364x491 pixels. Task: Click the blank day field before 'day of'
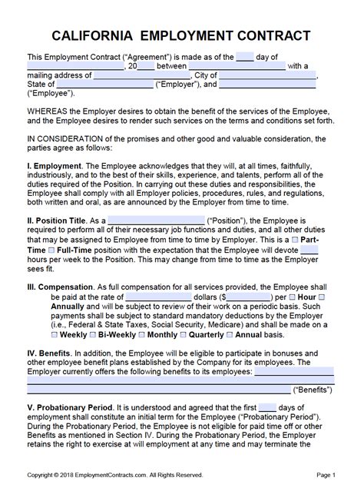(x=244, y=57)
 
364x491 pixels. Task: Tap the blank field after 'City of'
(x=267, y=75)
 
